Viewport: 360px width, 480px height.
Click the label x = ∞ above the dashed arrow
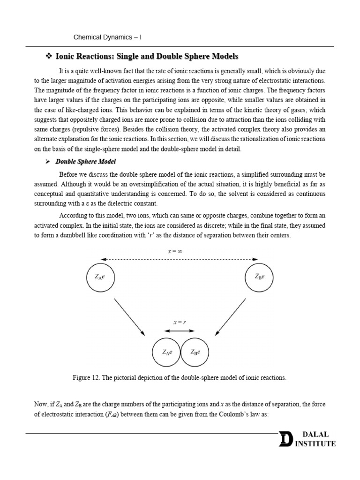tap(175, 251)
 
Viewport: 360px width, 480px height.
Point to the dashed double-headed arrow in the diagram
tap(180, 259)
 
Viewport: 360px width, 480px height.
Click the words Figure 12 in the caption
tap(88, 377)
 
